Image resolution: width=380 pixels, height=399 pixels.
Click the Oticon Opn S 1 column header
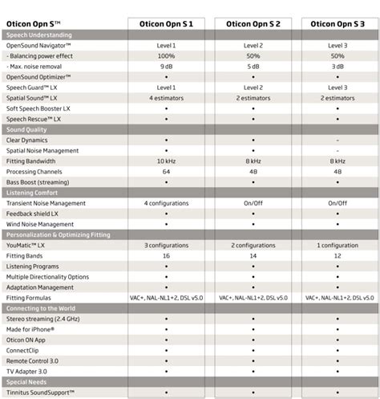[166, 25]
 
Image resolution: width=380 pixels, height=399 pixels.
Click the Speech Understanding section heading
[39, 35]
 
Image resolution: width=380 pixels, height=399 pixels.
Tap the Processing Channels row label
[34, 171]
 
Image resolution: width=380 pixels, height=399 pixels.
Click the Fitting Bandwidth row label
[31, 161]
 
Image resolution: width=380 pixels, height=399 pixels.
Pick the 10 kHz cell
[166, 161]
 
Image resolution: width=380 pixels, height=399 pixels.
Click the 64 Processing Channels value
[166, 171]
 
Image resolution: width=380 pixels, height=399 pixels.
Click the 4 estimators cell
[166, 98]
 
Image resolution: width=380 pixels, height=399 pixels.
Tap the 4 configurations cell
[166, 203]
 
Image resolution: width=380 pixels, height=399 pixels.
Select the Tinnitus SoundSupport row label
[40, 392]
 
